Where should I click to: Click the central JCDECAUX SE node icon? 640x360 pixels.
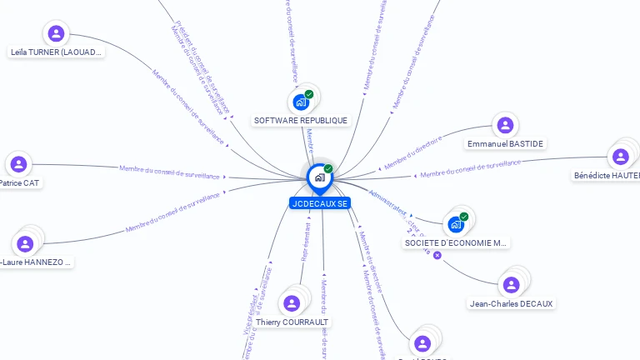(x=319, y=177)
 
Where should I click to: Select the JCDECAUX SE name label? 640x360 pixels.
(x=320, y=203)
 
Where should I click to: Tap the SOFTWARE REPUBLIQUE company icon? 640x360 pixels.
(x=300, y=102)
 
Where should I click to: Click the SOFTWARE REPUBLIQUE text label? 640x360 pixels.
(x=300, y=121)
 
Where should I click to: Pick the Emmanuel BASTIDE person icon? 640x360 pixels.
(x=504, y=126)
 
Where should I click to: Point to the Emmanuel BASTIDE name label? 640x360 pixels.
(x=505, y=144)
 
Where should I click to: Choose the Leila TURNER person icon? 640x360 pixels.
(x=56, y=33)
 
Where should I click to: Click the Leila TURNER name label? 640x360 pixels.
(x=56, y=52)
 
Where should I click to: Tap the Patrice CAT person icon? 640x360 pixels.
(x=18, y=164)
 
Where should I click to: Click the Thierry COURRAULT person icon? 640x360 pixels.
(x=291, y=303)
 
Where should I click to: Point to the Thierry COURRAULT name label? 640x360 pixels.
(x=292, y=322)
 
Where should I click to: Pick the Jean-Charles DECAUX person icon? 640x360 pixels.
(x=511, y=285)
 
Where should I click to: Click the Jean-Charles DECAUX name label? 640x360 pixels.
(x=511, y=303)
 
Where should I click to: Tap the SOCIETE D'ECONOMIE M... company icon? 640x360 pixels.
(x=455, y=224)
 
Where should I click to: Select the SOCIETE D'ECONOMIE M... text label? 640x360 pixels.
(x=455, y=243)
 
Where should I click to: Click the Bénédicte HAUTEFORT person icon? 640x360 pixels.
(x=620, y=157)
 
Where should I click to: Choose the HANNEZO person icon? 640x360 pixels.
(x=25, y=243)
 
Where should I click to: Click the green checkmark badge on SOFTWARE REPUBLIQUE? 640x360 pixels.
(x=309, y=94)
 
